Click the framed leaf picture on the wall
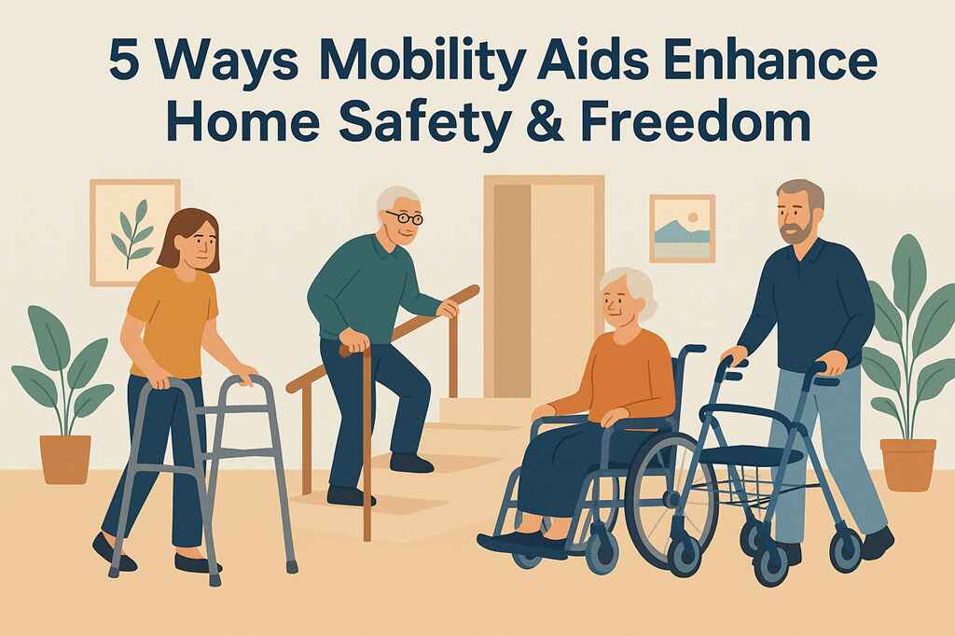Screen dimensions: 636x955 tap(134, 231)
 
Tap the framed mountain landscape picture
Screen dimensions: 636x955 tap(682, 228)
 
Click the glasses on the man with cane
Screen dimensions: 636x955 tap(405, 218)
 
